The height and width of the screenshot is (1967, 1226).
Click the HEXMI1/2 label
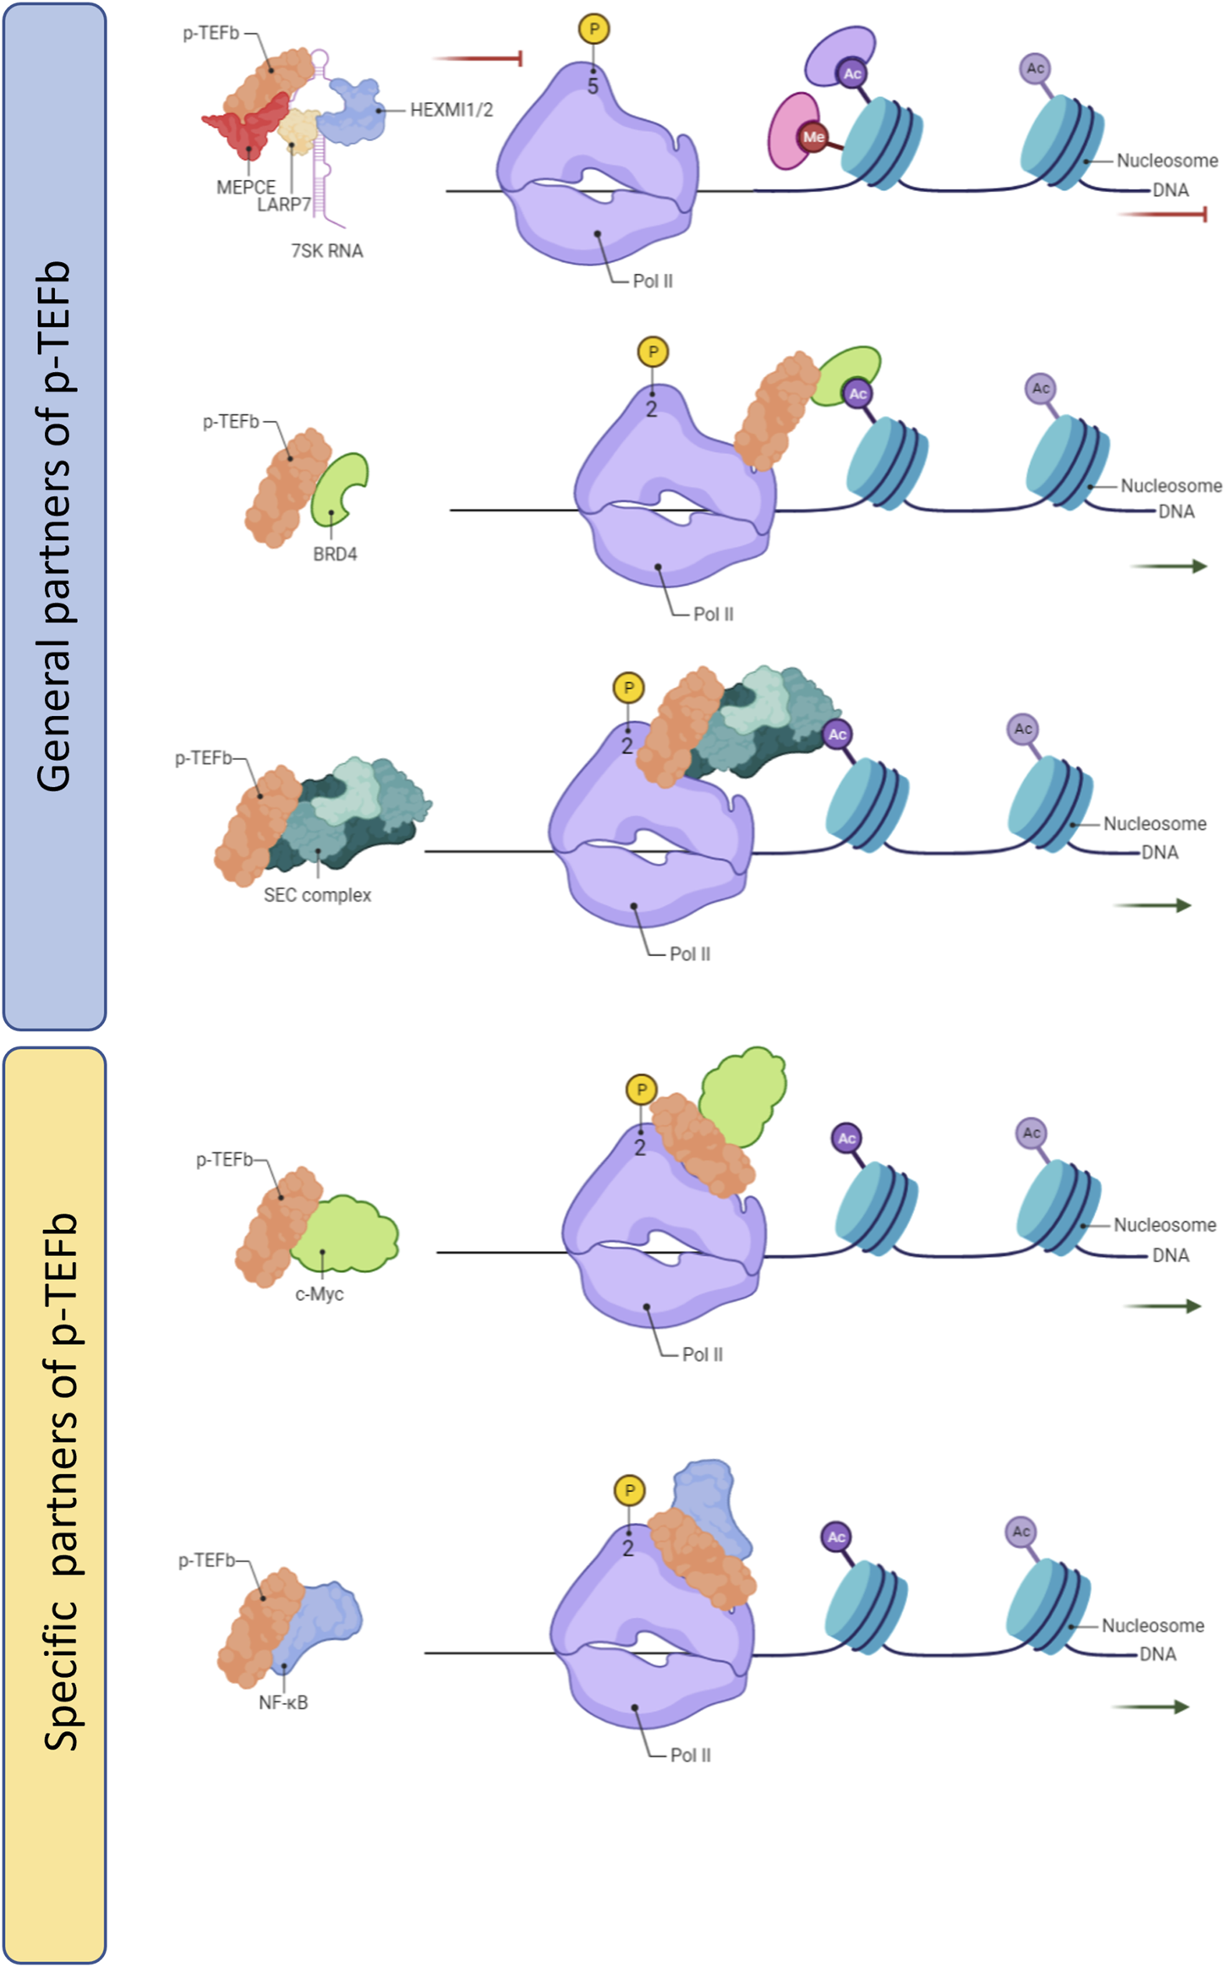(451, 110)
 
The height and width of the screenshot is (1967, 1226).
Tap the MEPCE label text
(245, 187)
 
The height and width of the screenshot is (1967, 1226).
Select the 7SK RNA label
(326, 251)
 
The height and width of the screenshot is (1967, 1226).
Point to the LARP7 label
(284, 205)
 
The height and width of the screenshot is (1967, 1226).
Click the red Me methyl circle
(813, 137)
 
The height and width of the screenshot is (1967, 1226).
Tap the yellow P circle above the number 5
(594, 29)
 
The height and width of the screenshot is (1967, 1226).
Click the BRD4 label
(335, 555)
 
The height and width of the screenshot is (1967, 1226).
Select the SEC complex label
(317, 895)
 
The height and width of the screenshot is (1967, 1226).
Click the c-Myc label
(319, 1294)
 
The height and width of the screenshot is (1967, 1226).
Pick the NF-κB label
(283, 1702)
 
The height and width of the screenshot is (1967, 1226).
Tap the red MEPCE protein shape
(245, 127)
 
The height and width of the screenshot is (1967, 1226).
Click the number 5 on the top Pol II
(593, 85)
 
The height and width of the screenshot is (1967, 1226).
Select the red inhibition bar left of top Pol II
(479, 58)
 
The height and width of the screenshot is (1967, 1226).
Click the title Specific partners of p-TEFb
(59, 1479)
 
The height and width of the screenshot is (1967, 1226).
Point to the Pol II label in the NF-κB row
(690, 1755)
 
